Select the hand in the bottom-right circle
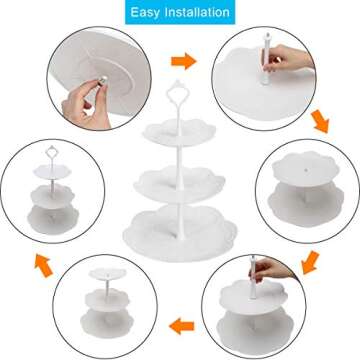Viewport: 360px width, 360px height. point(284,268)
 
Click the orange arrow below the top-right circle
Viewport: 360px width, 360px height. point(319,120)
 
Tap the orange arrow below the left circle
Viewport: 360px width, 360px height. point(43,262)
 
